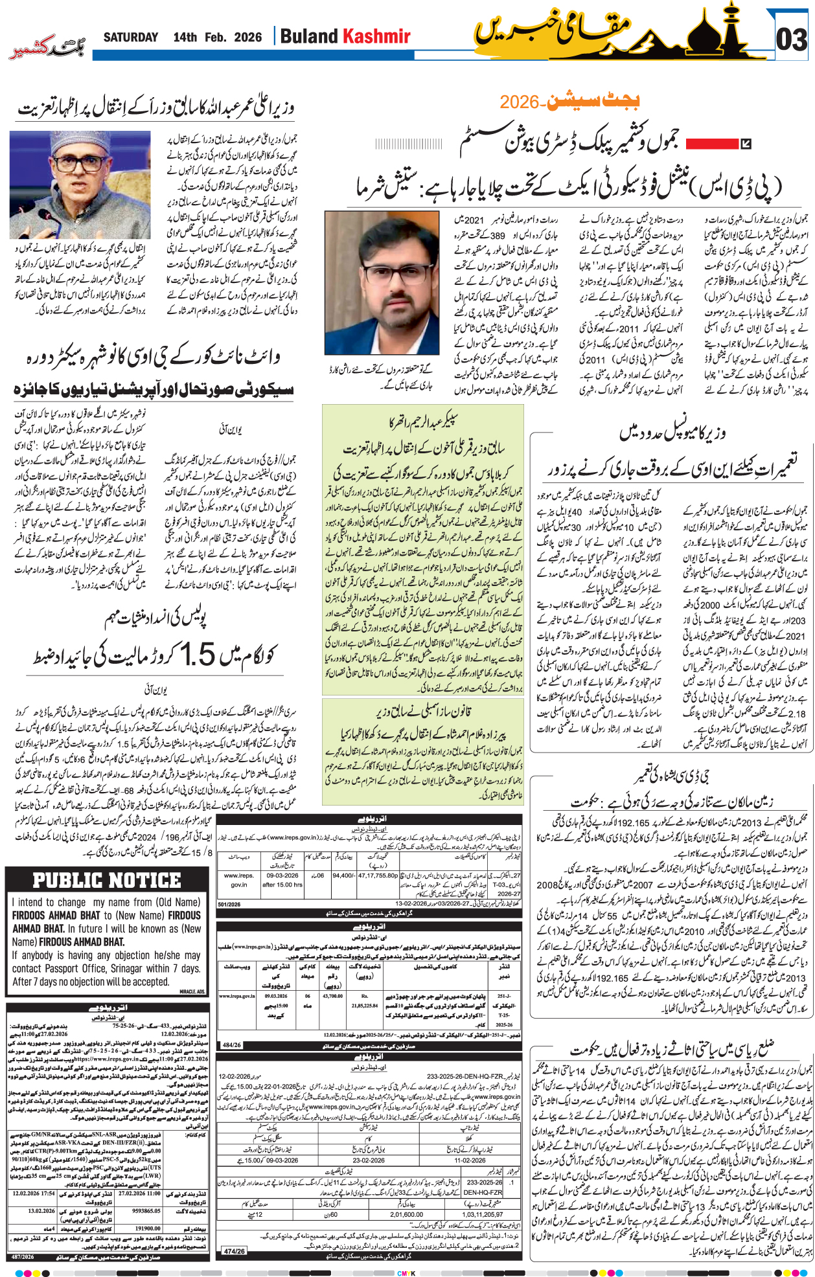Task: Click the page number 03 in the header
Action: point(791,40)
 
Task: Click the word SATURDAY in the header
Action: point(131,38)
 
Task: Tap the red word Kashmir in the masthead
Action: point(376,36)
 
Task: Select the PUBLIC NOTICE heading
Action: point(107,881)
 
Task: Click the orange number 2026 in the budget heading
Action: point(520,102)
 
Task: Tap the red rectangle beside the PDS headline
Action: point(712,144)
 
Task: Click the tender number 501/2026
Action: point(229,905)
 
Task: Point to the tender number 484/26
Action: point(232,1045)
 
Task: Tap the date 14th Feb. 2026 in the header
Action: point(218,38)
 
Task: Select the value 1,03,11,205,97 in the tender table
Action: point(481,1215)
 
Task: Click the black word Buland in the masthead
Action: point(309,36)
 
